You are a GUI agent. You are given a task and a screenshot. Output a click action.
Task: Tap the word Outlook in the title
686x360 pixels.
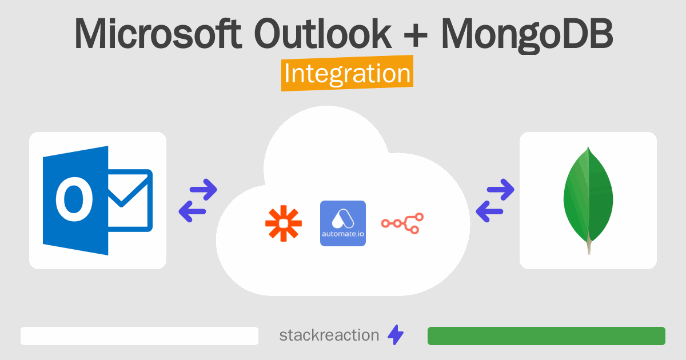coord(323,34)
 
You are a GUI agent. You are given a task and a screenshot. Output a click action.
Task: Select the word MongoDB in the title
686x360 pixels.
coord(527,34)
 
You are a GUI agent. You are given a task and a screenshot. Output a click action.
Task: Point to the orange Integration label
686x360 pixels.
coord(347,74)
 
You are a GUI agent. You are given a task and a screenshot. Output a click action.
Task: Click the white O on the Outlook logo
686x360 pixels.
coord(74,201)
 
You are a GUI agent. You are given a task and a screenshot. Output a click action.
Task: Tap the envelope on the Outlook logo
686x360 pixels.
coord(129,201)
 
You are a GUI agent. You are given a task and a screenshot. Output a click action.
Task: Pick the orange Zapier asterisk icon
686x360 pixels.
coord(283,223)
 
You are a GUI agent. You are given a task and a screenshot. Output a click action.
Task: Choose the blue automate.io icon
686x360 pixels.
coord(343,223)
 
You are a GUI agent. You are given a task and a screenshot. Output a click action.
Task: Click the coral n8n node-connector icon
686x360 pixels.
coord(402,223)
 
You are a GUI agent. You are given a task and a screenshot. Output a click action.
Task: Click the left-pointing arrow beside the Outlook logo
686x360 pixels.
coord(193,212)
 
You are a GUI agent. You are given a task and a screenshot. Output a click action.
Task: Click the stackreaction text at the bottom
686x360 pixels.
coord(329,335)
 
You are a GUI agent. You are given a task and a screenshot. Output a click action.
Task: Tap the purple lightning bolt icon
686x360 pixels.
coord(396,335)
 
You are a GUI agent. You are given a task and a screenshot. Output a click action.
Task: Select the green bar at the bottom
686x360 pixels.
coord(546,336)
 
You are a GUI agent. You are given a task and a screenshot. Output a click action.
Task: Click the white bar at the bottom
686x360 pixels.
coord(139,336)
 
